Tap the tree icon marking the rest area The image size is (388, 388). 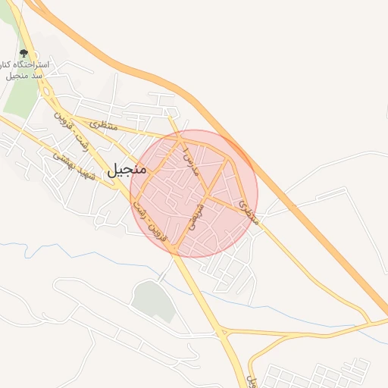click(24, 54)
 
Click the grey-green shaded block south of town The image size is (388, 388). click(155, 302)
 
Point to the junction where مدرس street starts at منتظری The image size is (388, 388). click(179, 138)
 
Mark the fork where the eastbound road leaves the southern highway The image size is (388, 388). click(223, 331)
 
